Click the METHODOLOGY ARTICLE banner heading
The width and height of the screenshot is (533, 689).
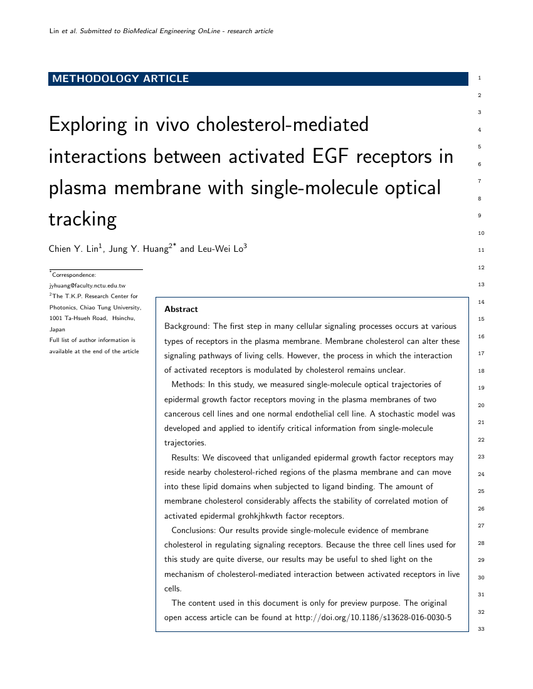[x=120, y=79]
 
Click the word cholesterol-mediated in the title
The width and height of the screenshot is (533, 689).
[x=283, y=125]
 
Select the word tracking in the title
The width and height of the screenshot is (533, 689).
[x=83, y=219]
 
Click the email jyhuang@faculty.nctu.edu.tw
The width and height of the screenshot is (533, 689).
[x=87, y=285]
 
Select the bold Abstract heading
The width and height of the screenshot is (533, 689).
[x=181, y=309]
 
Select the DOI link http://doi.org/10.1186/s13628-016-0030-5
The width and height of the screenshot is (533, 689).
[x=372, y=618]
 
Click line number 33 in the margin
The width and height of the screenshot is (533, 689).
[x=482, y=629]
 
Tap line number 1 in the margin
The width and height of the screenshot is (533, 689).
[x=479, y=78]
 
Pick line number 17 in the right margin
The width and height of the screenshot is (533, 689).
[x=482, y=353]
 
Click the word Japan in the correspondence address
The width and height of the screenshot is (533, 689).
[x=57, y=329]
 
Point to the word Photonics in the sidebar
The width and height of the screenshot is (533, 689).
[x=63, y=307]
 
